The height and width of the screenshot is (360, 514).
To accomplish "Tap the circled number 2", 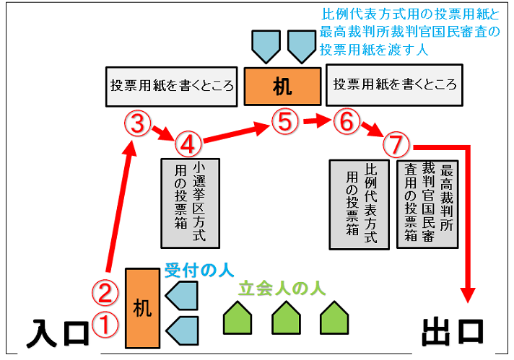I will [105, 292].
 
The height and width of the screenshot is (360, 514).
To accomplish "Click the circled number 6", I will [347, 122].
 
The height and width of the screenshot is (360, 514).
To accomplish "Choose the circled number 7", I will [396, 144].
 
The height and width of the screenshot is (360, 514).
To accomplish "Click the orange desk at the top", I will [282, 87].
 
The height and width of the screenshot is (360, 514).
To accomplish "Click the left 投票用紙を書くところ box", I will [172, 84].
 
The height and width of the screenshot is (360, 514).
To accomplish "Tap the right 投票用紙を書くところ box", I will [395, 84].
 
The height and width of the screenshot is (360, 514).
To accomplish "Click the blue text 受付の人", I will [199, 271].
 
